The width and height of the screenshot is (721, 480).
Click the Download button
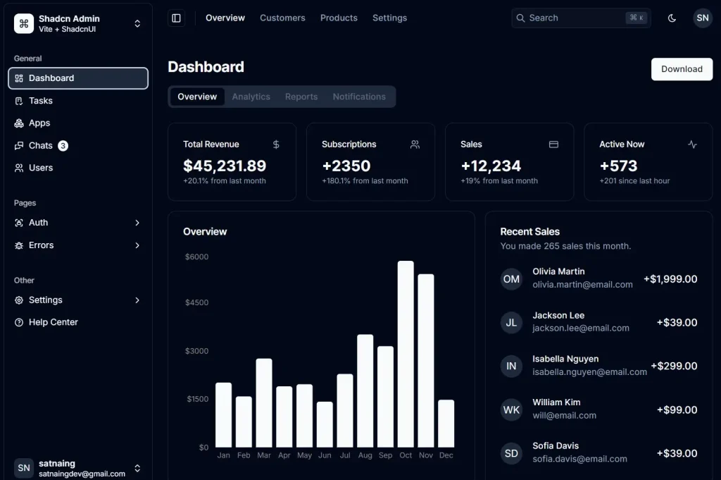pyautogui.click(x=682, y=69)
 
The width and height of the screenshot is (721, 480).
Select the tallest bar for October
pyautogui.click(x=406, y=354)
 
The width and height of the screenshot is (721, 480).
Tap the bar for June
pyautogui.click(x=325, y=424)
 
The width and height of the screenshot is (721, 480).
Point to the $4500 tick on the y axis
pyautogui.click(x=196, y=302)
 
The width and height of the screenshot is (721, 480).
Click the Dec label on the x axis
pyautogui.click(x=446, y=455)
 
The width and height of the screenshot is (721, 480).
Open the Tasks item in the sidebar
pyautogui.click(x=41, y=101)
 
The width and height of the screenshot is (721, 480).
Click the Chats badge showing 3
pyautogui.click(x=63, y=146)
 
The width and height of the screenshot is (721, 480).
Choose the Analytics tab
pyautogui.click(x=251, y=97)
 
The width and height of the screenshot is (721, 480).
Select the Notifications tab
pyautogui.click(x=359, y=97)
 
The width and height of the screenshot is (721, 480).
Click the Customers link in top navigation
pyautogui.click(x=282, y=18)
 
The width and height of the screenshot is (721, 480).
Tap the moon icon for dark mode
pyautogui.click(x=672, y=18)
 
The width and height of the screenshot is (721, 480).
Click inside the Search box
pyautogui.click(x=570, y=18)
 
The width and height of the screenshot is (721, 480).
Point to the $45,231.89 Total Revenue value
pyautogui.click(x=225, y=166)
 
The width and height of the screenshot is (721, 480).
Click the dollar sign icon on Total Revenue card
pyautogui.click(x=276, y=144)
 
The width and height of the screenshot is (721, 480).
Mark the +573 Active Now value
pyautogui.click(x=618, y=166)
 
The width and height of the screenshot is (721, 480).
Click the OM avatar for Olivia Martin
pyautogui.click(x=511, y=279)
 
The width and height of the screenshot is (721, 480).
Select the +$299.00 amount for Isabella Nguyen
pyautogui.click(x=674, y=366)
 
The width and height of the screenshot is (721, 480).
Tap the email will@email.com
pyautogui.click(x=564, y=415)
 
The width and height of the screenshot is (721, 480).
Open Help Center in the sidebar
pyautogui.click(x=53, y=322)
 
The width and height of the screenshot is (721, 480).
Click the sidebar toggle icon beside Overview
pyautogui.click(x=176, y=18)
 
